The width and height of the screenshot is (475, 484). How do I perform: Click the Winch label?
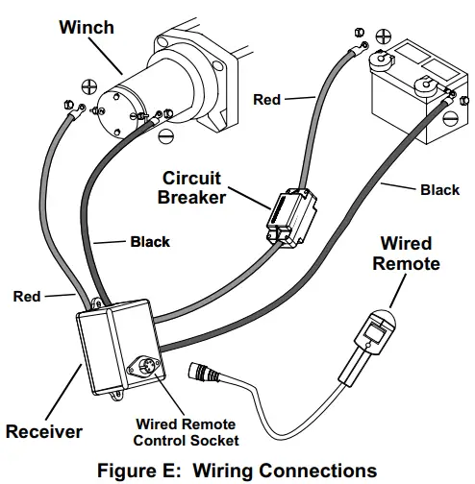point(87,26)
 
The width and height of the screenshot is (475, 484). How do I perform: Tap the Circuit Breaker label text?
point(193,188)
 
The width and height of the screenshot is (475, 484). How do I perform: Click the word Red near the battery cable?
point(267,99)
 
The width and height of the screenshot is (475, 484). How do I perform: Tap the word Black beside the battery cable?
point(439,190)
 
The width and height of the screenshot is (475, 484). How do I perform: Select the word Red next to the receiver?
point(26,297)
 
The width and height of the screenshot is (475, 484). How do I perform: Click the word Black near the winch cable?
point(150,242)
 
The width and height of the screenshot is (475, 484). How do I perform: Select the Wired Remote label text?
point(406,253)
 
